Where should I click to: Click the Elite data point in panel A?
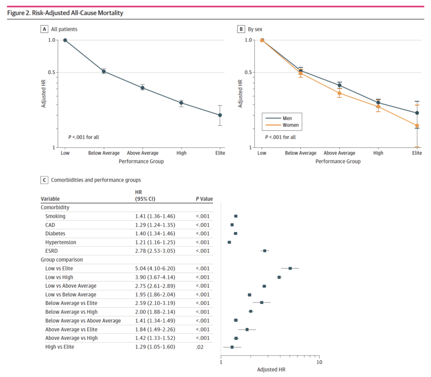click(x=220, y=115)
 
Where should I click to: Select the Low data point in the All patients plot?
click(x=65, y=40)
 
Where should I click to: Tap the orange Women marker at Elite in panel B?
click(x=417, y=125)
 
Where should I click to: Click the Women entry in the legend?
click(x=291, y=125)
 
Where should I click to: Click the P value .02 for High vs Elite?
click(x=200, y=347)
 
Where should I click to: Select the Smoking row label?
click(x=55, y=216)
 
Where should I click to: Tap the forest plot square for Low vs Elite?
click(x=290, y=268)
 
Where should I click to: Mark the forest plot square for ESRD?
click(x=265, y=251)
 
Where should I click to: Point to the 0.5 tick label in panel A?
click(x=51, y=72)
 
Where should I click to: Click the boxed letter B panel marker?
click(x=241, y=29)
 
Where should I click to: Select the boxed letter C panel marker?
click(x=44, y=180)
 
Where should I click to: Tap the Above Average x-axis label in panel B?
click(x=339, y=153)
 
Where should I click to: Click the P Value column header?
click(x=204, y=199)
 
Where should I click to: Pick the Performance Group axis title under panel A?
click(x=141, y=161)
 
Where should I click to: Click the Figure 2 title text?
click(x=65, y=13)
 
